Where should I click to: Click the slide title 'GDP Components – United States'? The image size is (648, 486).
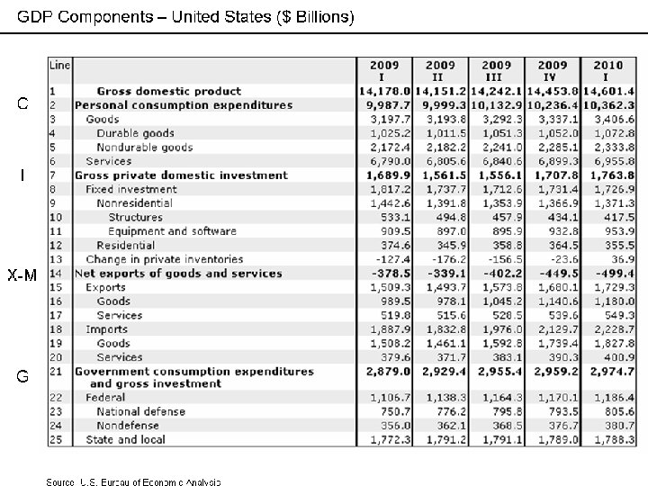(186, 17)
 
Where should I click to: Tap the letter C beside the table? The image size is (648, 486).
(25, 103)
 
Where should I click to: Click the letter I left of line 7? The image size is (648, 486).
(24, 175)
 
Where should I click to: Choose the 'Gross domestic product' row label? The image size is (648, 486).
(168, 91)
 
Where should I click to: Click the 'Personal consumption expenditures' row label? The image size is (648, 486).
(183, 104)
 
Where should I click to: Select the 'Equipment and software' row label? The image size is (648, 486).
(172, 231)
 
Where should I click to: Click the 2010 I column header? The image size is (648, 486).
(607, 70)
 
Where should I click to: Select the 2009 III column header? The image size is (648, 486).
(496, 70)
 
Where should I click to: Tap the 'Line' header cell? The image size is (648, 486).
(58, 65)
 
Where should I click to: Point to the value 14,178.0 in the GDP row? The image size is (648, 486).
(385, 91)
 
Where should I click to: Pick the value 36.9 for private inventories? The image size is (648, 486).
(621, 259)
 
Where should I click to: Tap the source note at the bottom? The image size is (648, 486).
(133, 481)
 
